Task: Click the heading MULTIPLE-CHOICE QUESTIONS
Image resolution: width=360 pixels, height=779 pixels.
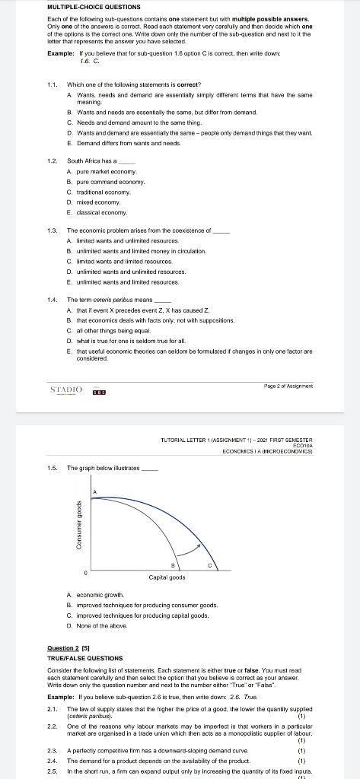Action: [x=89, y=8]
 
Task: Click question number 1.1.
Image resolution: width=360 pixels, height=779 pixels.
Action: [x=53, y=84]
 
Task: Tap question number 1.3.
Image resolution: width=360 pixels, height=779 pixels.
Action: [x=53, y=230]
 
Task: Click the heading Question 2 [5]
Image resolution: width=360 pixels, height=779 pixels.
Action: [x=68, y=648]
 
